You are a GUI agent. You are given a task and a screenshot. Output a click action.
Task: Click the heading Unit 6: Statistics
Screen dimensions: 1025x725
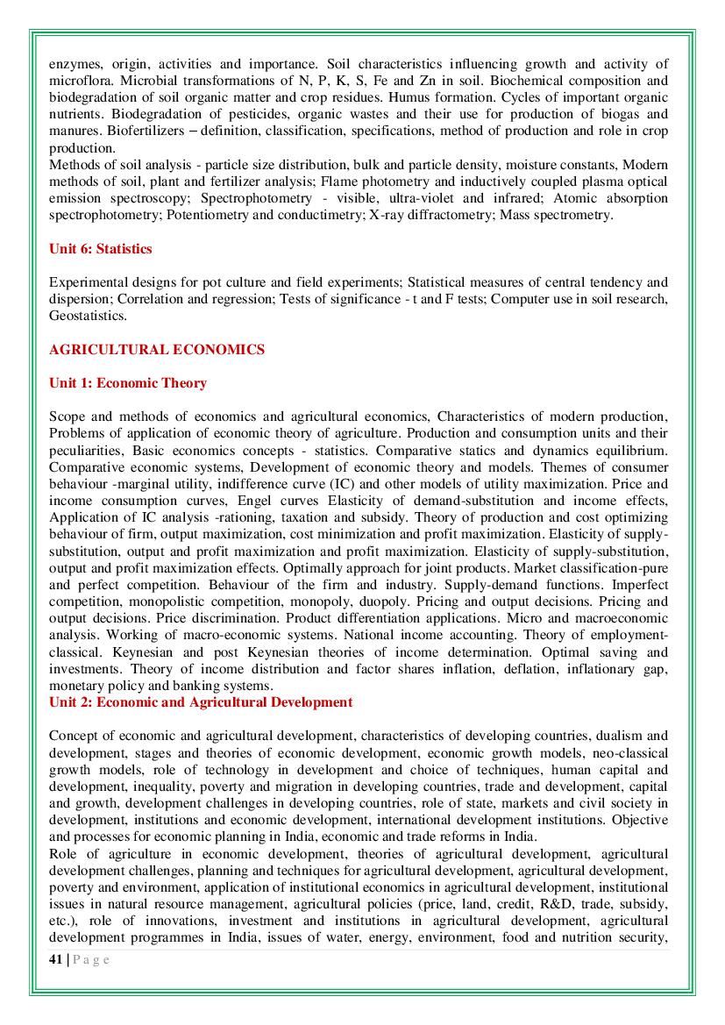coord(101,249)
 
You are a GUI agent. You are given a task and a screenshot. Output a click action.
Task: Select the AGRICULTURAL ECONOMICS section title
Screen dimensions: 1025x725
coord(157,350)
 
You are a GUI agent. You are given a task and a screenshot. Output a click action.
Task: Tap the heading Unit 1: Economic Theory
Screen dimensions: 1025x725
coord(128,383)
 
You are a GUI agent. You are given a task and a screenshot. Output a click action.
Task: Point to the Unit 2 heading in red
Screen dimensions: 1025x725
coord(201,702)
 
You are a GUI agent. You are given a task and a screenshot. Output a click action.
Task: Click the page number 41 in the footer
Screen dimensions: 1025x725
coord(55,959)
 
